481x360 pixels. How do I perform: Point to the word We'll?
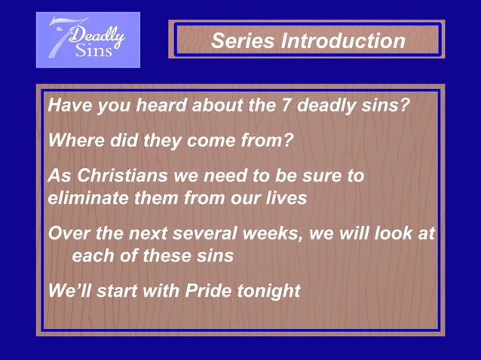69,291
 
